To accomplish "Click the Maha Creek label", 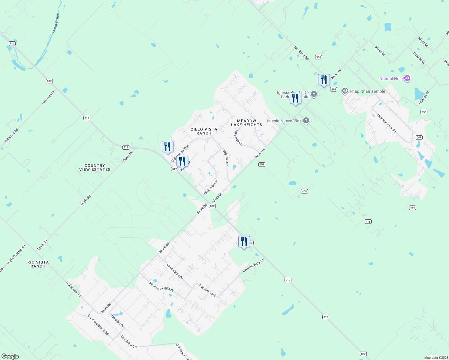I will coord(56,23).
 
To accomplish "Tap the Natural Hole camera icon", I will coord(407,78).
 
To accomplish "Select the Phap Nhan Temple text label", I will coord(367,91).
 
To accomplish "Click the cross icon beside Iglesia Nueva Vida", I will coord(306,121).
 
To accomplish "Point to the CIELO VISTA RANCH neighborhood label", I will coord(204,131).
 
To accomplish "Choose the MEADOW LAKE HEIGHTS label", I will coord(247,123).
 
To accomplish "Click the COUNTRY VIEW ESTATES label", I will coord(95,167).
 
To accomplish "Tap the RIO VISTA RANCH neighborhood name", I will coord(38,264).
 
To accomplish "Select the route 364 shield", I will coord(318,57).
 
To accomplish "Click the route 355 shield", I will coord(424,112).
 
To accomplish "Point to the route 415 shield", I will coord(368,222).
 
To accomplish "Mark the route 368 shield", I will coord(419,137).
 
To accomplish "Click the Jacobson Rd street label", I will coord(301,53).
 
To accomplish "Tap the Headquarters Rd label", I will coord(387,123).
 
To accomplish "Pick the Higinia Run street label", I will coord(226,158).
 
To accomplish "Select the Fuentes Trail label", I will coord(207,290).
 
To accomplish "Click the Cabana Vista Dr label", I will coord(253,265).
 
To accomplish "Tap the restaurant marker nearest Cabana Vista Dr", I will coord(244,242).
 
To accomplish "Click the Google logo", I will coord(10,356).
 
